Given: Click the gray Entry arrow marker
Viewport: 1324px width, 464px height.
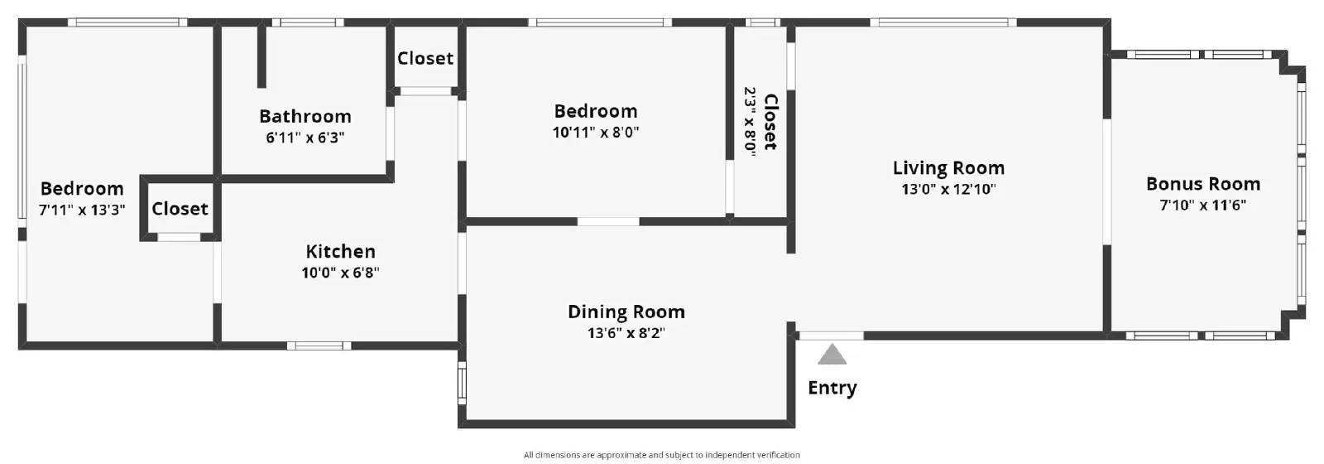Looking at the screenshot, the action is (x=832, y=355).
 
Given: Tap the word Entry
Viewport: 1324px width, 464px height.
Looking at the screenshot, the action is (x=832, y=388).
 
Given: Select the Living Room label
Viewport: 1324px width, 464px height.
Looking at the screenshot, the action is (x=948, y=168).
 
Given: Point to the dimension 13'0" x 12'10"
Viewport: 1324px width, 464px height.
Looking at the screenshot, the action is (x=948, y=190).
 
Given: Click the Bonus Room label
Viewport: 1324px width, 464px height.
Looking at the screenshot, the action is (x=1203, y=184).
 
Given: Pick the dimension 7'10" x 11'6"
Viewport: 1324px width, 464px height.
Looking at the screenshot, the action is (x=1203, y=205).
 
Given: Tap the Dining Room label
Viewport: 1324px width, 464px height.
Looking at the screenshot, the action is (x=626, y=312).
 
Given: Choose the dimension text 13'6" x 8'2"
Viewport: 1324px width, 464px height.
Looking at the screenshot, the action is (x=626, y=333).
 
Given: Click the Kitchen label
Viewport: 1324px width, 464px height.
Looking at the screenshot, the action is (x=340, y=252).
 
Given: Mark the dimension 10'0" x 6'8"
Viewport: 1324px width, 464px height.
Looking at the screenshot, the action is (x=340, y=273).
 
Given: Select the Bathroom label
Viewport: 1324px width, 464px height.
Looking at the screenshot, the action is (x=305, y=116).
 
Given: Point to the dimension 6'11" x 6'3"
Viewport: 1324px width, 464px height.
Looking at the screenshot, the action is (x=305, y=138).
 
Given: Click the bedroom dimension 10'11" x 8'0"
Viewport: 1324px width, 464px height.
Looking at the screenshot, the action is (x=596, y=132).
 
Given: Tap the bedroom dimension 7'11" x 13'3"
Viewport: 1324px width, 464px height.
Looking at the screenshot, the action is (x=82, y=210).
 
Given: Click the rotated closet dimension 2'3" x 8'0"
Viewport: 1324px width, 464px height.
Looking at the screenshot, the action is (x=750, y=122).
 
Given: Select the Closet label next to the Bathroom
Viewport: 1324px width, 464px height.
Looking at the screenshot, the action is (x=425, y=59).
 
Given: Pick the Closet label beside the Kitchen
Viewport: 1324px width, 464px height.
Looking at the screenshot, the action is (x=180, y=209).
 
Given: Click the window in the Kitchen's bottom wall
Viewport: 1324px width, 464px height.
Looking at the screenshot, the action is (x=319, y=346).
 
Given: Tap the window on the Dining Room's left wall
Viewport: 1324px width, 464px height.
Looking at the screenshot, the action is (x=463, y=383).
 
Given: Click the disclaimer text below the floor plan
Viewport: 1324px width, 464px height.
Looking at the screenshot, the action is (x=661, y=455).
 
